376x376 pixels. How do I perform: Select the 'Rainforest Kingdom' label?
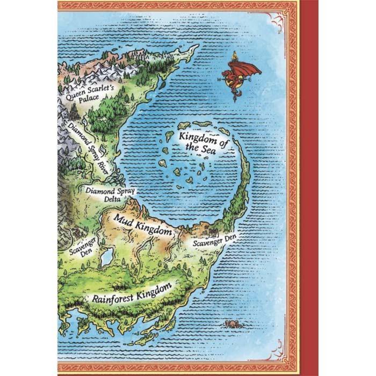pyautogui.click(x=132, y=293)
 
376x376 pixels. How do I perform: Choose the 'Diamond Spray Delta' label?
pyautogui.click(x=110, y=194)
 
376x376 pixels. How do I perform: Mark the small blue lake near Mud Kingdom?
pyautogui.click(x=106, y=256)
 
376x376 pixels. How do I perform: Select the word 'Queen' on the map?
pyautogui.click(x=75, y=93)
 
